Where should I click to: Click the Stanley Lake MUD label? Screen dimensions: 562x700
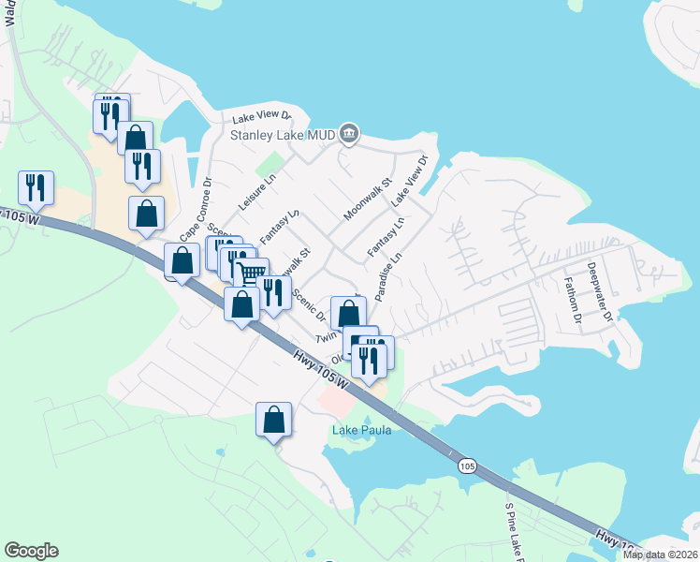pos(283,135)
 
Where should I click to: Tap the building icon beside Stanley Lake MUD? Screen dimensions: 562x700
pos(349,135)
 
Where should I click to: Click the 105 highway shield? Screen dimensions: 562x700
pos(467,465)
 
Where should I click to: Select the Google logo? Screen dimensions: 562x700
pos(31,551)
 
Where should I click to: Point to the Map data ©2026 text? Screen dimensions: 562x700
pos(660,554)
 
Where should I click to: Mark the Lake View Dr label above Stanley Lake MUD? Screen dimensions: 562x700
pos(262,118)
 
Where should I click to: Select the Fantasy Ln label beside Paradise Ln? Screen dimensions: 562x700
pos(385,237)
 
